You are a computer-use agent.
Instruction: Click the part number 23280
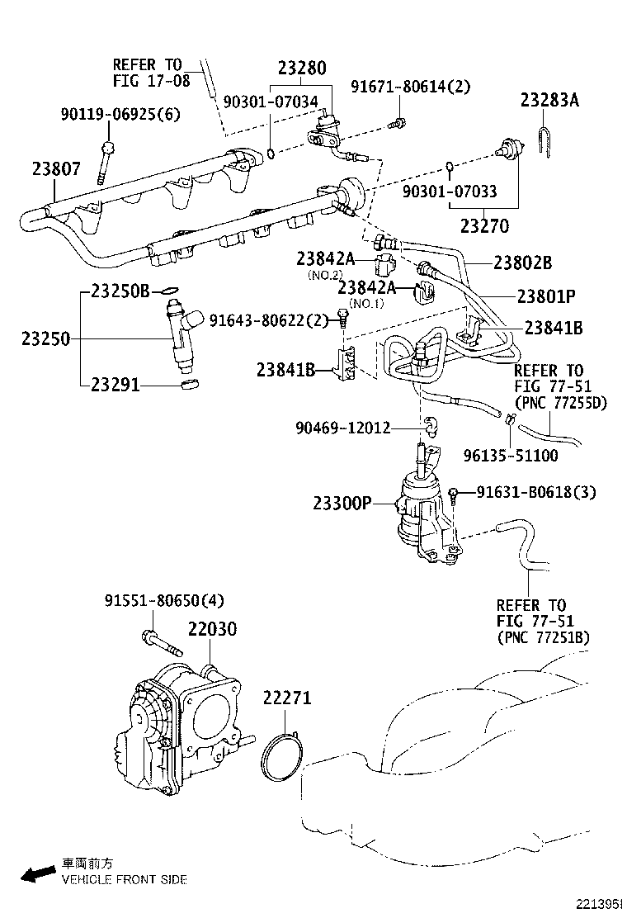(x=301, y=69)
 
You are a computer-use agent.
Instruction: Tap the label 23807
(x=57, y=169)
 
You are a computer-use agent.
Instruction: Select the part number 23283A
(x=549, y=101)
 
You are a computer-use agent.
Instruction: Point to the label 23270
(x=484, y=225)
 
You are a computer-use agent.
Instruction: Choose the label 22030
(x=212, y=629)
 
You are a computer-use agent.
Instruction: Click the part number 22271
(x=287, y=698)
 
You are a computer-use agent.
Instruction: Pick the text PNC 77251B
(x=544, y=638)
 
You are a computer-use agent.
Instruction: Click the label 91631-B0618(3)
(x=536, y=492)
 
